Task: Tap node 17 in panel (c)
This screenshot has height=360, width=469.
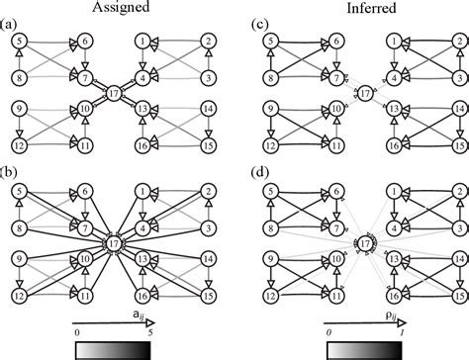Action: click(364, 93)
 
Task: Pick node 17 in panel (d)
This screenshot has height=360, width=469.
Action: click(364, 242)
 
